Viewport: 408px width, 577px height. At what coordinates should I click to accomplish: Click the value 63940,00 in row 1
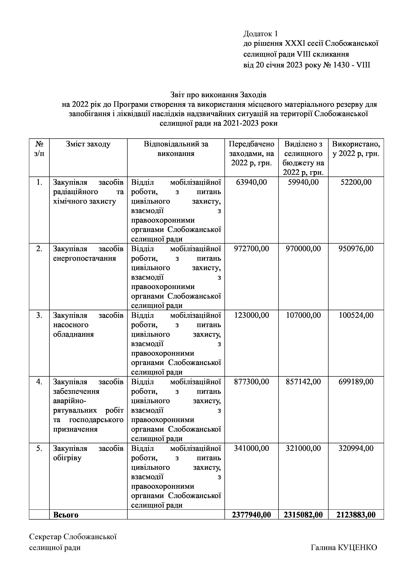(x=251, y=182)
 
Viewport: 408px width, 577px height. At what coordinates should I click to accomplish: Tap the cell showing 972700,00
(x=251, y=249)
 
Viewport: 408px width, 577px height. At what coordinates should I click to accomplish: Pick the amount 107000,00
(x=303, y=315)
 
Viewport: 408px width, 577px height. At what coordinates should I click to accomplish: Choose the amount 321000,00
(x=303, y=448)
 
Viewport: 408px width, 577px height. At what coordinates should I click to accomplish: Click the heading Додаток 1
(x=260, y=34)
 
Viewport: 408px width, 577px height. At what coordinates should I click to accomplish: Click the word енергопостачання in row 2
(x=84, y=258)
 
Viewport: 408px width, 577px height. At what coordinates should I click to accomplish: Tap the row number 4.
(x=39, y=382)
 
